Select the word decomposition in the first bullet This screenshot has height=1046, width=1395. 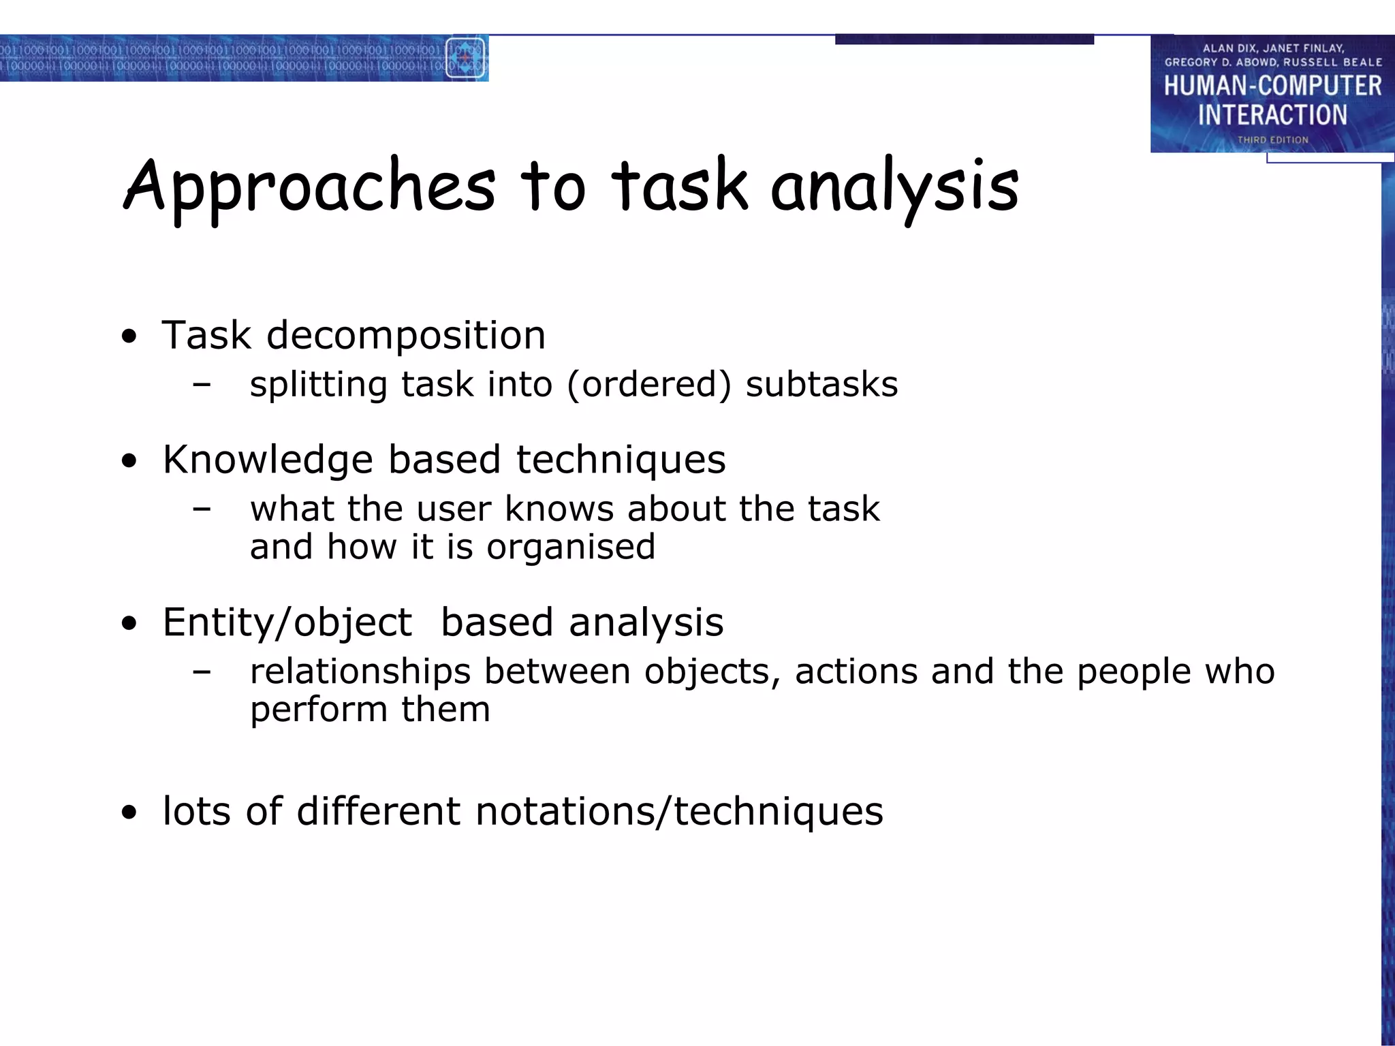(406, 336)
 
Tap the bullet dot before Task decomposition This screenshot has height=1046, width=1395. (129, 336)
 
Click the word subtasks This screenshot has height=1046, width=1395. (821, 385)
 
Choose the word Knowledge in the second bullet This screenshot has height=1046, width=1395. (268, 460)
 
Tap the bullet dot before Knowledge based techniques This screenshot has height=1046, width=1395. (129, 462)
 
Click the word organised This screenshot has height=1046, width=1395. (571, 547)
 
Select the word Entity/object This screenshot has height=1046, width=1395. (287, 623)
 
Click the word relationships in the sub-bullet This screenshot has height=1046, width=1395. (360, 672)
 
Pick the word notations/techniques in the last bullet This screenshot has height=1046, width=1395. (679, 812)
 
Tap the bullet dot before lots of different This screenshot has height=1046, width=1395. (129, 812)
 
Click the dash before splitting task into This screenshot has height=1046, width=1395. (202, 385)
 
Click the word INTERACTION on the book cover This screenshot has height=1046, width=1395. (1272, 115)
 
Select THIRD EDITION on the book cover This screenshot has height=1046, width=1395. (1272, 140)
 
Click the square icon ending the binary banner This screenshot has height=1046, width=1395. (466, 58)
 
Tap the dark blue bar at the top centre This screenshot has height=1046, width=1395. (964, 39)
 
